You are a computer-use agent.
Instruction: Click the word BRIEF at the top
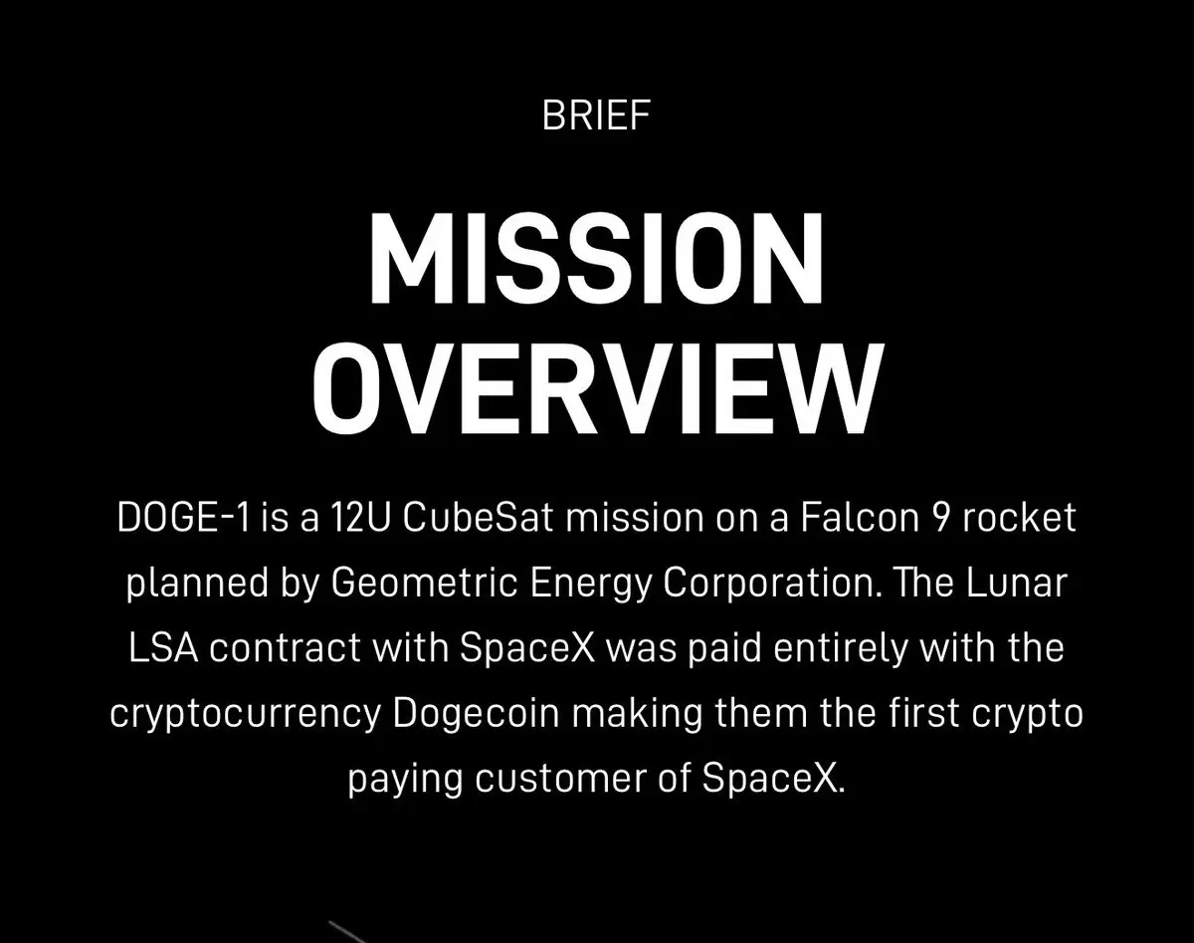click(x=596, y=116)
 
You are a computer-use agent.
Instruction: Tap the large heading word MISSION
click(x=596, y=258)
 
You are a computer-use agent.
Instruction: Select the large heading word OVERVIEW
click(x=597, y=389)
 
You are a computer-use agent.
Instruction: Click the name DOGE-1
click(x=183, y=518)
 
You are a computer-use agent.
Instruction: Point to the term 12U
click(x=359, y=518)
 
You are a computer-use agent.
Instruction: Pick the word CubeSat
click(x=478, y=517)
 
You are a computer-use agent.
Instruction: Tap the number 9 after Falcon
click(x=940, y=518)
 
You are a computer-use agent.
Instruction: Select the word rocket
click(x=1020, y=517)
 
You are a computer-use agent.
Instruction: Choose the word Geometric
click(x=424, y=583)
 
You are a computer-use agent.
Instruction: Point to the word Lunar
click(x=1017, y=583)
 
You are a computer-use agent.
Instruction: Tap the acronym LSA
click(x=163, y=647)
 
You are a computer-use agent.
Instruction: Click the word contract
click(x=286, y=648)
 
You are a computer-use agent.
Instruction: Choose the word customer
click(x=560, y=778)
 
